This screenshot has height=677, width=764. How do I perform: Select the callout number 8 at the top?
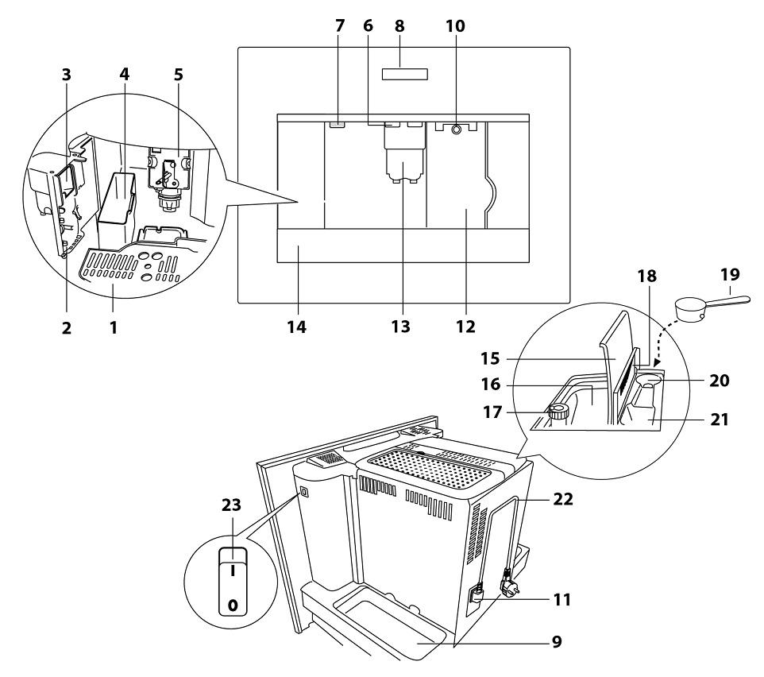click(x=405, y=26)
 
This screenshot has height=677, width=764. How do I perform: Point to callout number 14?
click(x=297, y=325)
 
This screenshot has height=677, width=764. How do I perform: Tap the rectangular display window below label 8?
click(x=405, y=74)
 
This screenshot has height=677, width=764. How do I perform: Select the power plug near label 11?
click(x=505, y=590)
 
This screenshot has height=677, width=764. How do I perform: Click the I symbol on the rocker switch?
click(x=233, y=570)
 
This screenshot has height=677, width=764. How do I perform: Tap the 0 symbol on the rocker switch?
click(x=233, y=605)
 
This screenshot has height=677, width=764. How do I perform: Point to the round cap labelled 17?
click(x=558, y=412)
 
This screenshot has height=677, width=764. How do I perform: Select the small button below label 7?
click(x=338, y=124)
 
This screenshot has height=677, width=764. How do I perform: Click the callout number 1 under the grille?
click(x=114, y=325)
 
